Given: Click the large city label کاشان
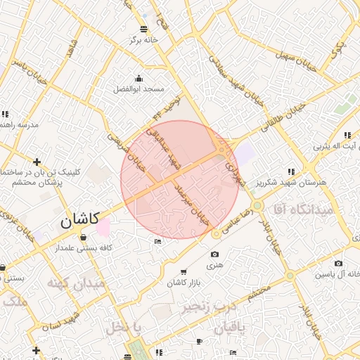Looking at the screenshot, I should [x=79, y=220].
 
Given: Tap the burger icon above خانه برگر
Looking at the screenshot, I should [x=144, y=29].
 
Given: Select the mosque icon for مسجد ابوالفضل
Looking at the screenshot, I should [x=139, y=79].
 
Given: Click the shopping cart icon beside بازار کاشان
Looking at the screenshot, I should [x=184, y=271].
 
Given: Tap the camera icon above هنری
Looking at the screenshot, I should [x=214, y=254].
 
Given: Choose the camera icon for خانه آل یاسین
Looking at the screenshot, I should [x=339, y=263].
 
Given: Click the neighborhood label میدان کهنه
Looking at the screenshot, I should [x=75, y=285].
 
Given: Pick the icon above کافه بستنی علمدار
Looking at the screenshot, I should [x=84, y=237].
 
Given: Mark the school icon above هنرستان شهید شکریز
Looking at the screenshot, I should [x=291, y=172].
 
